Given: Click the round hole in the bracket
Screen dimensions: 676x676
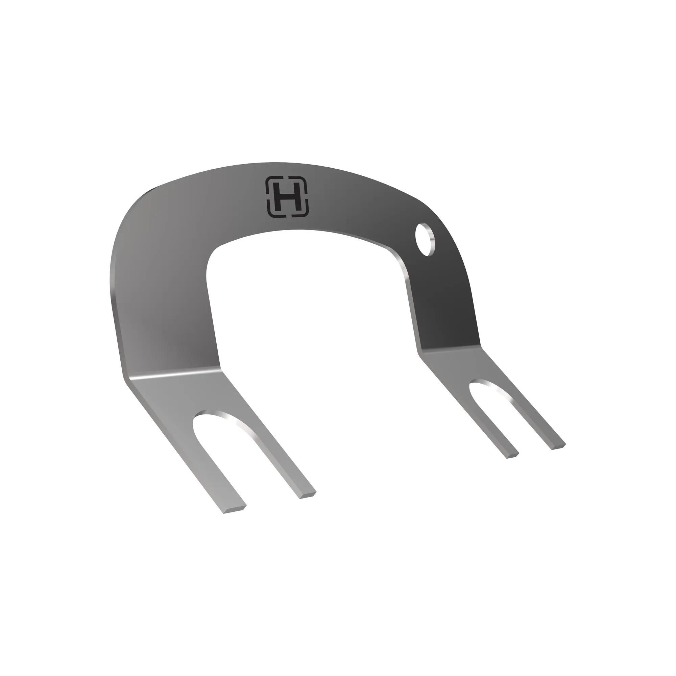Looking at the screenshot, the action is (x=425, y=239).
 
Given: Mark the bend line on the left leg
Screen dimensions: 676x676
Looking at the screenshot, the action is (x=173, y=372).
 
